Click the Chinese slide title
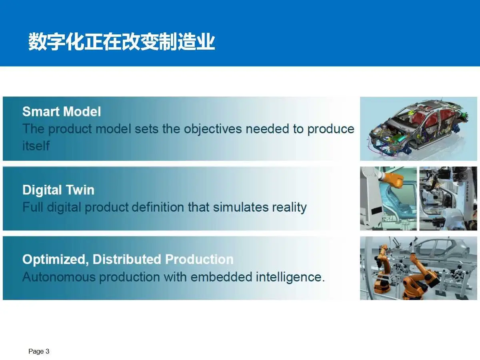point(122,42)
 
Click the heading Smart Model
point(62,112)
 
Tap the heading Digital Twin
point(58,190)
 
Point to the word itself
point(36,145)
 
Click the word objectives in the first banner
point(213,129)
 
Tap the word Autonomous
point(59,277)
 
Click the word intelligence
point(290,277)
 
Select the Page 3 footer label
point(39,351)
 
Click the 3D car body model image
point(418,129)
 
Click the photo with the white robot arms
point(448,198)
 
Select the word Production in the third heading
point(199,260)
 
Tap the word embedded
point(221,277)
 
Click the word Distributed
point(127,260)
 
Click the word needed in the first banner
point(267,129)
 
